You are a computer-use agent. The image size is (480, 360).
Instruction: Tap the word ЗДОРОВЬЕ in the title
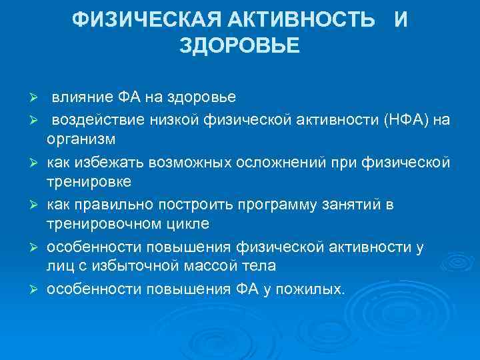click(240, 47)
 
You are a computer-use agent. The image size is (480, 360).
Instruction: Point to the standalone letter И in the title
click(400, 21)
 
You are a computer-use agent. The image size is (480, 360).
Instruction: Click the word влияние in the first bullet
click(83, 98)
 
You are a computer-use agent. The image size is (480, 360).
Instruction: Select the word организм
click(81, 139)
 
